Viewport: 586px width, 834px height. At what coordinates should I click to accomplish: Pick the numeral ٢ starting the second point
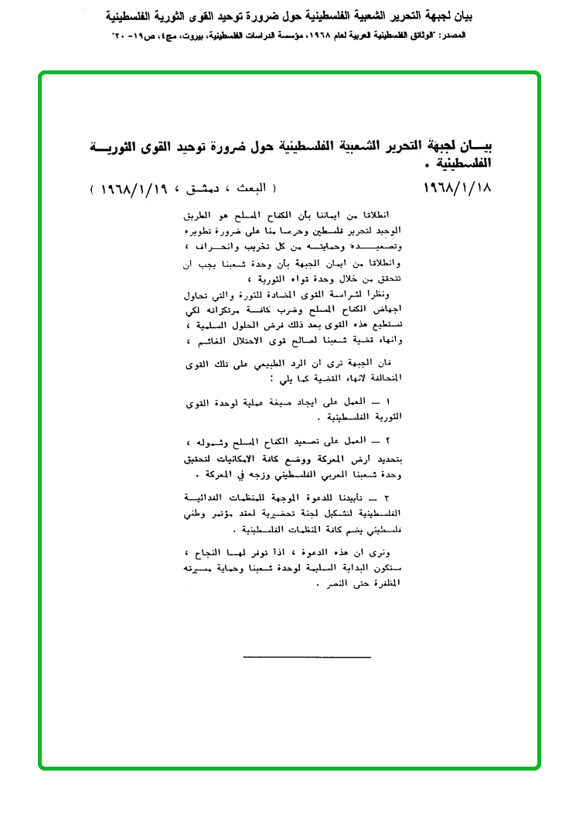click(387, 441)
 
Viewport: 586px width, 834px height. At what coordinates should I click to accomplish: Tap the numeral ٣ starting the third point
click(387, 496)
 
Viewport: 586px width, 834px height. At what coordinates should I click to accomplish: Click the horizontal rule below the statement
click(307, 657)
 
